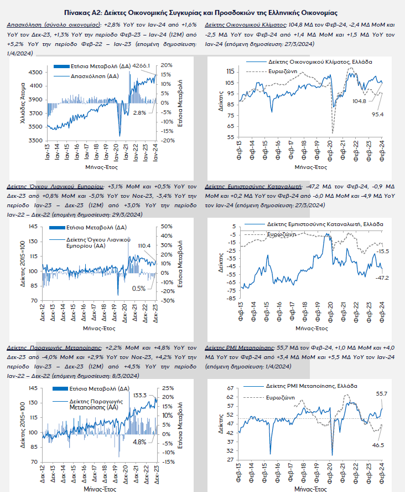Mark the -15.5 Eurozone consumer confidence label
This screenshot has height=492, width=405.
tap(382, 252)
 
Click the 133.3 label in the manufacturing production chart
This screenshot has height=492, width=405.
tap(141, 395)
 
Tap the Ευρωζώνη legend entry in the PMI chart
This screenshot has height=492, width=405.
tap(280, 398)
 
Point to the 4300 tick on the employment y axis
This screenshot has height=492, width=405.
tap(34, 72)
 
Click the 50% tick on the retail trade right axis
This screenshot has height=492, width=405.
tap(166, 227)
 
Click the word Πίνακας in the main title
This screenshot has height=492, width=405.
tap(101, 12)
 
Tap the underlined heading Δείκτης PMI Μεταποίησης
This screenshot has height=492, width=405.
tap(240, 347)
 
